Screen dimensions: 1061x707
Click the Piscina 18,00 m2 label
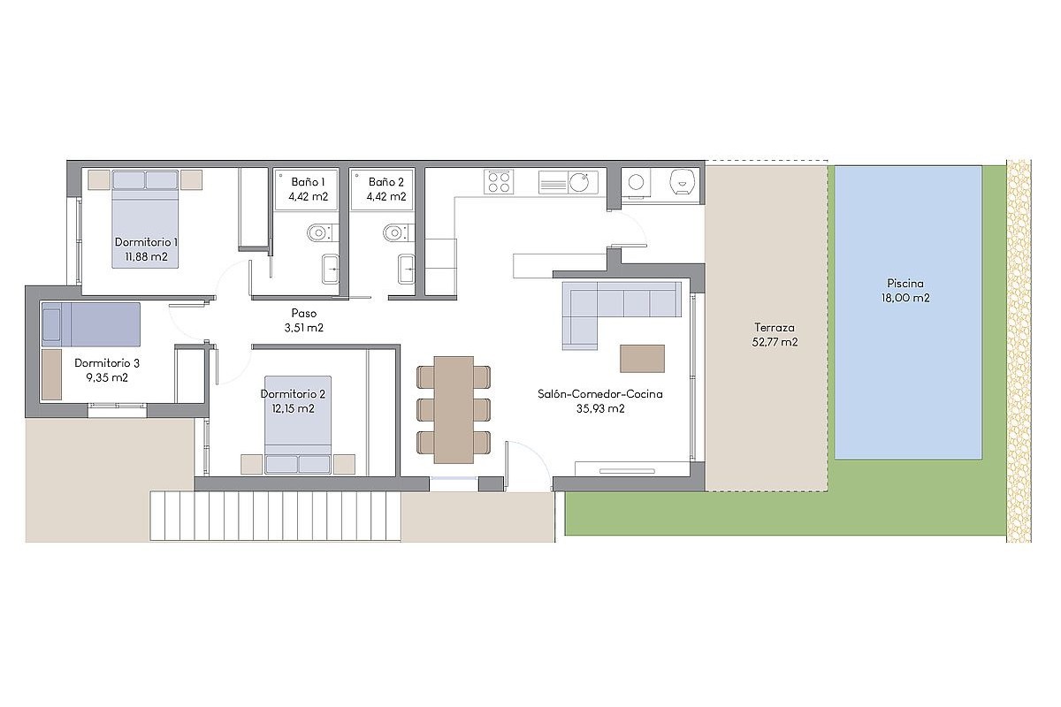coord(905,291)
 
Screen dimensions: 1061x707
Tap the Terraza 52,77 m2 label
coord(775,335)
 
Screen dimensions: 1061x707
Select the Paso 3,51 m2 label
coord(303,321)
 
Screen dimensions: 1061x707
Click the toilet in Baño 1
coord(321,232)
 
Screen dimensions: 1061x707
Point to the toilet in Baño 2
coord(396,233)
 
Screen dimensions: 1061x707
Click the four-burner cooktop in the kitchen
coord(499,182)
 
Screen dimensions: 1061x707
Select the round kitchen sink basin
coord(579,182)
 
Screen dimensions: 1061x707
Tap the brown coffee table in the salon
coord(642,359)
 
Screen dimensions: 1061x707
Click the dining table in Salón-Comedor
coord(454,409)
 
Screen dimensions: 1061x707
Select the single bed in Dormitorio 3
coord(91,324)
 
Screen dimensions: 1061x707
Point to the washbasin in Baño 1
coord(330,269)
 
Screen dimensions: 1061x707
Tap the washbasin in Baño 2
coord(407,269)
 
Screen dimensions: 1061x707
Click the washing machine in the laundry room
coord(636,182)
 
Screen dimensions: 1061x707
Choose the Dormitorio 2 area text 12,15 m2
coord(294,408)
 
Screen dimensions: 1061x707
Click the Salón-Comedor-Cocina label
coord(600,394)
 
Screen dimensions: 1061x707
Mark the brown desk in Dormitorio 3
coord(51,375)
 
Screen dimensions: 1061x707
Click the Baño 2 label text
coord(386,182)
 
